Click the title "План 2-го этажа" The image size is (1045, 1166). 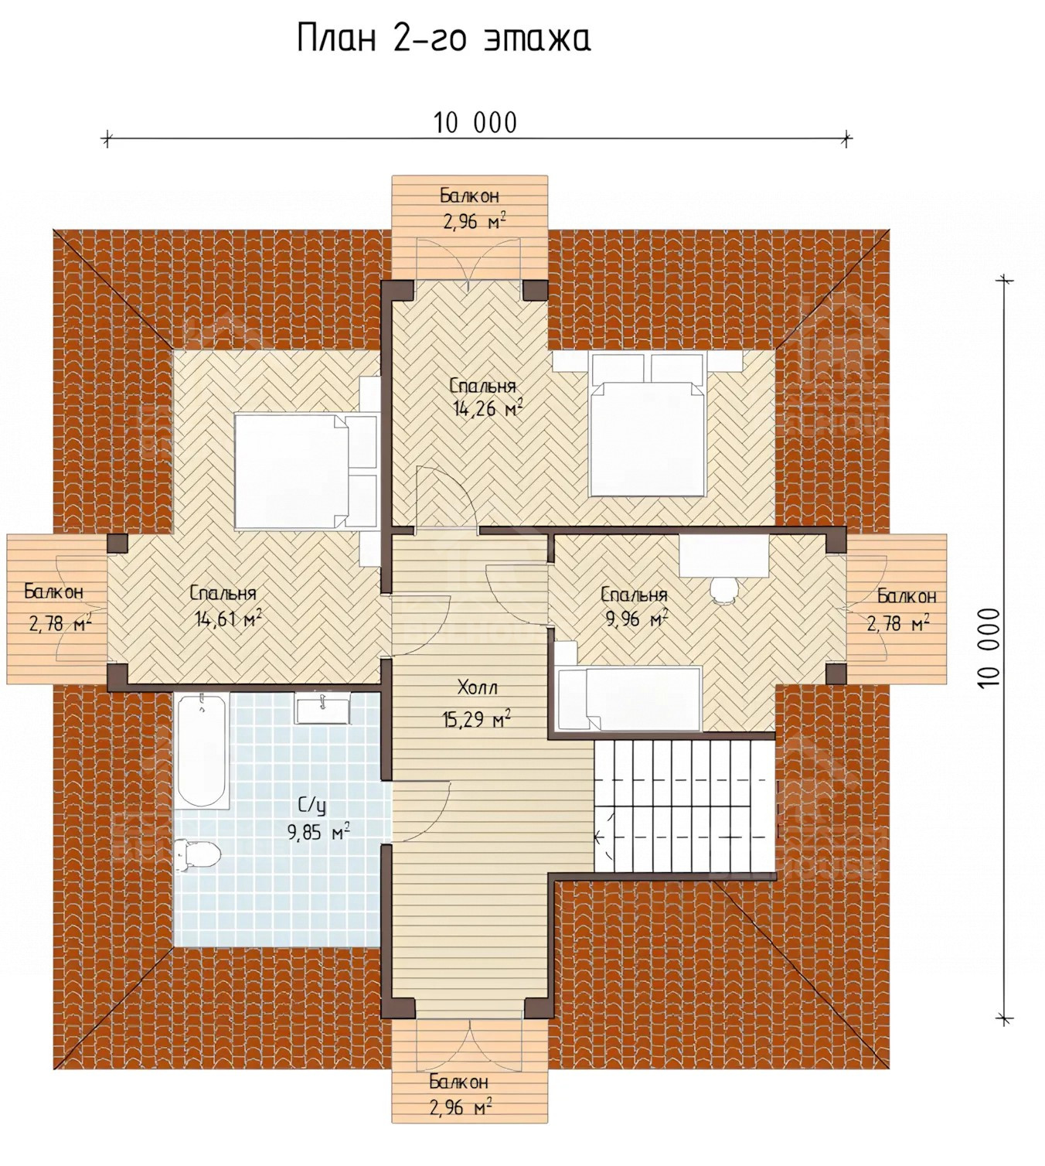(444, 39)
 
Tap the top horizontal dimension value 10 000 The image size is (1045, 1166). (475, 123)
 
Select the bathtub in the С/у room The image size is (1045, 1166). (201, 750)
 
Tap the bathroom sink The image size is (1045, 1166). (322, 708)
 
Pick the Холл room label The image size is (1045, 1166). (477, 687)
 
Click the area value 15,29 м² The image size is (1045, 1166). (476, 718)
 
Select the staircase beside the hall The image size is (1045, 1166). (685, 806)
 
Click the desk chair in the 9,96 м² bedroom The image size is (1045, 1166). (723, 589)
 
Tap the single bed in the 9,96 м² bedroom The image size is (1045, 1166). (628, 699)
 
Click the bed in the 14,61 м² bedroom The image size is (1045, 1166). (305, 471)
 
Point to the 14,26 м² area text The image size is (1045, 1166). (488, 408)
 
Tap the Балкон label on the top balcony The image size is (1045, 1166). (470, 196)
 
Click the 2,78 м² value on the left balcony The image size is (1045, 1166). (60, 622)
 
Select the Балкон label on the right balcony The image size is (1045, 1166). (907, 596)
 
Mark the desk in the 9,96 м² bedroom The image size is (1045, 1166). (724, 556)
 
